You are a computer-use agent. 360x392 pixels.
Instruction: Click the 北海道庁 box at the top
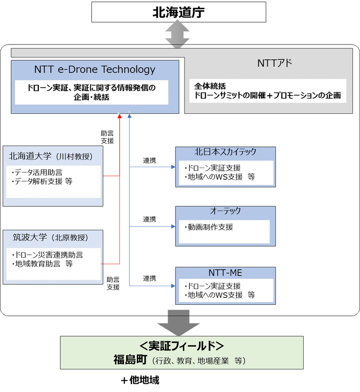(179, 12)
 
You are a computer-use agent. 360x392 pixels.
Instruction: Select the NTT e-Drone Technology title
(95, 70)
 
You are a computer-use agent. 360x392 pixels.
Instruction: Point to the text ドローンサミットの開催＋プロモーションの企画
(267, 96)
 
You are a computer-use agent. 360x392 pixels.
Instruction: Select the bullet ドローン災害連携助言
(47, 255)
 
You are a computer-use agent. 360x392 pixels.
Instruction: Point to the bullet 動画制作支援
(208, 227)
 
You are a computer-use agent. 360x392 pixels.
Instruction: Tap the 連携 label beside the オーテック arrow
(150, 219)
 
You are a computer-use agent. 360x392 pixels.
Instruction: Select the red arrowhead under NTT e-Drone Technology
(120, 116)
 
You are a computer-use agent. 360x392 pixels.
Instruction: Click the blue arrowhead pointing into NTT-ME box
(173, 286)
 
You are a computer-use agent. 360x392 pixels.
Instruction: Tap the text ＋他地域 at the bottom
(140, 380)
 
